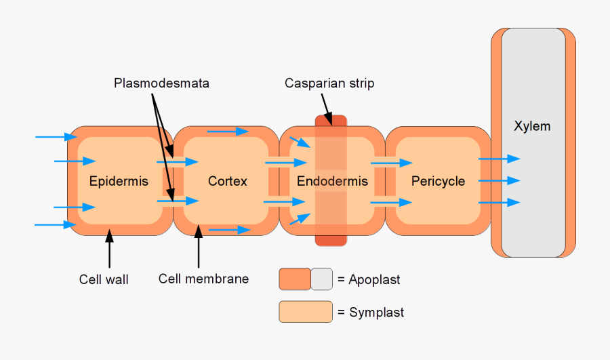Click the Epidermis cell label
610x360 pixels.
[x=119, y=181]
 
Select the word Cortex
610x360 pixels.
[x=228, y=181]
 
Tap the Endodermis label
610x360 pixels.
[x=332, y=181]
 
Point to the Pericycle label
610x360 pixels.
[x=438, y=181]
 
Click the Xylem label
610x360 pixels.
[x=532, y=126]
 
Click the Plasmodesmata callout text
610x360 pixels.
[x=161, y=83]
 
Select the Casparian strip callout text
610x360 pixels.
[x=329, y=83]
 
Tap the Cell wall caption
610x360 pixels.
[x=104, y=279]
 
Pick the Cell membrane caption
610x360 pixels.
[x=203, y=279]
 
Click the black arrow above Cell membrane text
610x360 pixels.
[x=199, y=247]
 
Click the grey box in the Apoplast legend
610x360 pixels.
[x=322, y=279]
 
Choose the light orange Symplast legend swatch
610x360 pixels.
[x=306, y=312]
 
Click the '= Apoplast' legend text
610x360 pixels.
[x=369, y=279]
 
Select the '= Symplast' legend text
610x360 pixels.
[x=370, y=313]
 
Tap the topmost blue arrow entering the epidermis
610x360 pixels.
[x=56, y=137]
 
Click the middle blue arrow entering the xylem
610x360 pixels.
[x=500, y=181]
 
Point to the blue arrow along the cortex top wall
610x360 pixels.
[x=228, y=132]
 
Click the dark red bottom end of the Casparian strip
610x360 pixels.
[x=331, y=240]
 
